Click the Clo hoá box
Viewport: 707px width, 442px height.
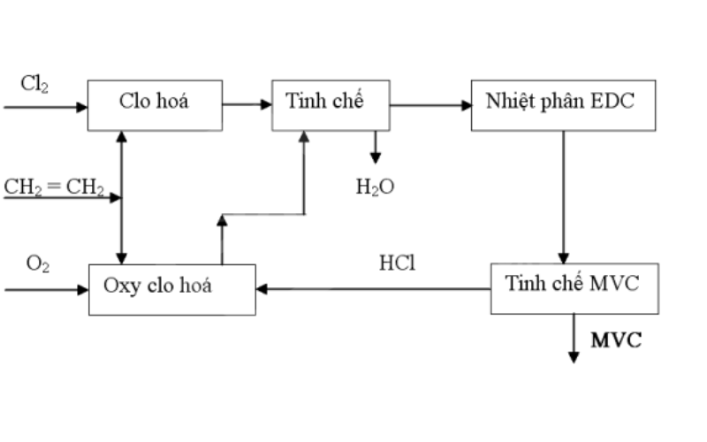(154, 104)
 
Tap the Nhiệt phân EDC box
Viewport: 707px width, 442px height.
(563, 104)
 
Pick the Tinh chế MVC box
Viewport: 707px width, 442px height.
(574, 288)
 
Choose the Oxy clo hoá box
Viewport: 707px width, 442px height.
(171, 288)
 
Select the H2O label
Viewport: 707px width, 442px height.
(375, 187)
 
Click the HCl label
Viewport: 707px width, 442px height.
(397, 263)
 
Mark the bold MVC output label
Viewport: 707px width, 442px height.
(616, 340)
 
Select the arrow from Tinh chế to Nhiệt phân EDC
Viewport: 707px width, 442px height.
(430, 105)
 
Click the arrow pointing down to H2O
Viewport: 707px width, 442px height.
(375, 147)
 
